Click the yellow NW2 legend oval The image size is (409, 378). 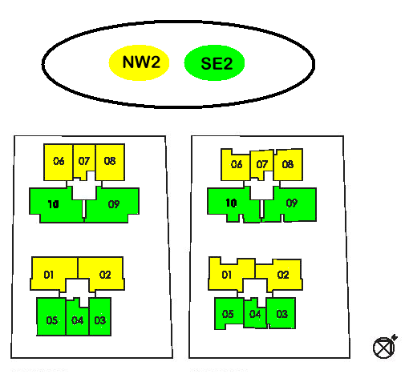[x=139, y=62]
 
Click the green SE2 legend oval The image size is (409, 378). [x=214, y=62]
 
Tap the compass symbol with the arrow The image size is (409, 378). [x=385, y=347]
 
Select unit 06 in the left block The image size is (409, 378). [x=58, y=162]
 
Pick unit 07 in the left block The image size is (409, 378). [x=83, y=161]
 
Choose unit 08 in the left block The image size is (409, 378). [x=110, y=162]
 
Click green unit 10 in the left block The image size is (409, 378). [x=55, y=205]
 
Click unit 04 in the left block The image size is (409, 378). [x=77, y=319]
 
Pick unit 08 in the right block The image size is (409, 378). [x=288, y=165]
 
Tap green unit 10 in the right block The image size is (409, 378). [x=231, y=204]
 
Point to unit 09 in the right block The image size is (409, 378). [x=291, y=204]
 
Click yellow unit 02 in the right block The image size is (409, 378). [x=282, y=275]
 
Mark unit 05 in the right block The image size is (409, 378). [x=229, y=313]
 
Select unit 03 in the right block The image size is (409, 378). [x=281, y=313]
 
